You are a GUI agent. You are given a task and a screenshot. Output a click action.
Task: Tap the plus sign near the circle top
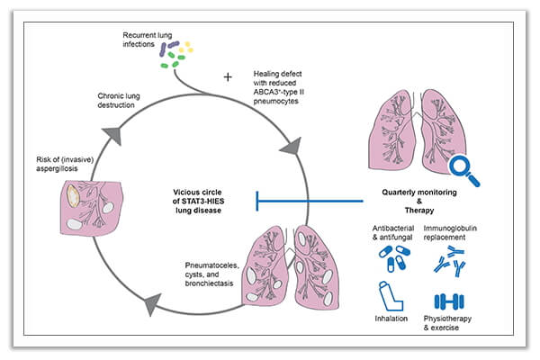(x=228, y=76)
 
